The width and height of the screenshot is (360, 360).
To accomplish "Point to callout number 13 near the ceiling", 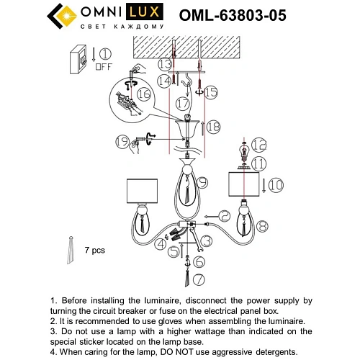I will tap(164, 66).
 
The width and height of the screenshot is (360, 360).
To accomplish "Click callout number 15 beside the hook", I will tap(210, 92).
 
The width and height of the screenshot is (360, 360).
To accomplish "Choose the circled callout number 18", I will tap(213, 127).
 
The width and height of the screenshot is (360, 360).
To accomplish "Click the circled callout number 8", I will tap(262, 226).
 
